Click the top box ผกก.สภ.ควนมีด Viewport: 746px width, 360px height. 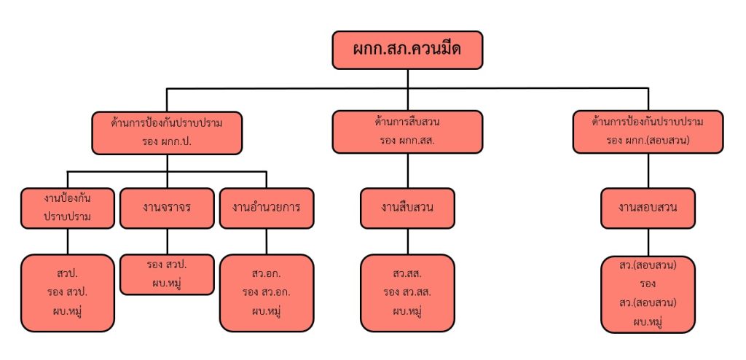[407, 50]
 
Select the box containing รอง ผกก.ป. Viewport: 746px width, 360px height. [167, 131]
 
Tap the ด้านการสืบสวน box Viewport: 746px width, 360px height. [407, 131]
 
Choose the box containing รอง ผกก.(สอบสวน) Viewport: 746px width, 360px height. [648, 131]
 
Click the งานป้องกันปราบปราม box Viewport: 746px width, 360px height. [68, 208]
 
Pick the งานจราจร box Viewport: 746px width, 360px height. [167, 208]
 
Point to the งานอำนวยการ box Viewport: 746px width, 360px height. [267, 208]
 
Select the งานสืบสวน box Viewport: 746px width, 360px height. [407, 208]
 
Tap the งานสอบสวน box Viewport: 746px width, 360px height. [648, 208]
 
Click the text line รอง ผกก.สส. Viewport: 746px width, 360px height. [407, 140]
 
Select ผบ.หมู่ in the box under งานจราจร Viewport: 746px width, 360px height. [167, 282]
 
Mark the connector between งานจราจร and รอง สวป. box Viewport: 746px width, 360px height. [167, 241]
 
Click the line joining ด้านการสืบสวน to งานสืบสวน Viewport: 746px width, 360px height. [407, 171]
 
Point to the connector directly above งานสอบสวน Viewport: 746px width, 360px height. [648, 171]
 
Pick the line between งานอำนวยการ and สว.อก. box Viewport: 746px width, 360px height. [267, 241]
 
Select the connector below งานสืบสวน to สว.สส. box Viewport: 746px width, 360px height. [407, 241]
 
